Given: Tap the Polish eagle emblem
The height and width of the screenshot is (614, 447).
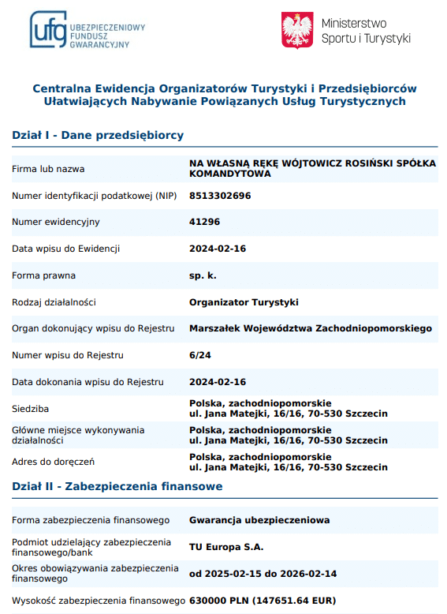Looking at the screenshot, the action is [298, 30].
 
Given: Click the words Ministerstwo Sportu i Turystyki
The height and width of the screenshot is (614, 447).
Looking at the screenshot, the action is [366, 30].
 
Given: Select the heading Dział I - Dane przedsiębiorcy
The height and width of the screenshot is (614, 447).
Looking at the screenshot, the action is [98, 135].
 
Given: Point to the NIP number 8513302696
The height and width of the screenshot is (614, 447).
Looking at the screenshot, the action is [220, 196].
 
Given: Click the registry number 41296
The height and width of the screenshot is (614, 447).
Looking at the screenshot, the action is [204, 223].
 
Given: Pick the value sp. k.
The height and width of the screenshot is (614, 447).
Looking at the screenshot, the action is [203, 275].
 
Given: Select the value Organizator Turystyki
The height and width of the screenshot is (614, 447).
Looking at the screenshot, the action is [244, 302].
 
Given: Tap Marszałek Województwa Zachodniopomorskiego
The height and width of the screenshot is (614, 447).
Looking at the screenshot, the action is [311, 328].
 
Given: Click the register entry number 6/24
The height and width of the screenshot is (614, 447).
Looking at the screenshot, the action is [200, 355].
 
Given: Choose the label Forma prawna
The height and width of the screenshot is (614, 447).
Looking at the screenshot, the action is [43, 275].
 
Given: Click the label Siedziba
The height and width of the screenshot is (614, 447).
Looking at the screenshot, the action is [30, 409].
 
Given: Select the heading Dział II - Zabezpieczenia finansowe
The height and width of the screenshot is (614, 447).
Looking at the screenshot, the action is [117, 486].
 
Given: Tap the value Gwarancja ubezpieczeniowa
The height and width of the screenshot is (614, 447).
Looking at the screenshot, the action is [259, 520].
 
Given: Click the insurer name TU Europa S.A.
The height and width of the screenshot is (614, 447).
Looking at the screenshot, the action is [226, 547].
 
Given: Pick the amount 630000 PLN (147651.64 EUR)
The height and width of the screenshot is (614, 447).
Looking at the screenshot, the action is [263, 601].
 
